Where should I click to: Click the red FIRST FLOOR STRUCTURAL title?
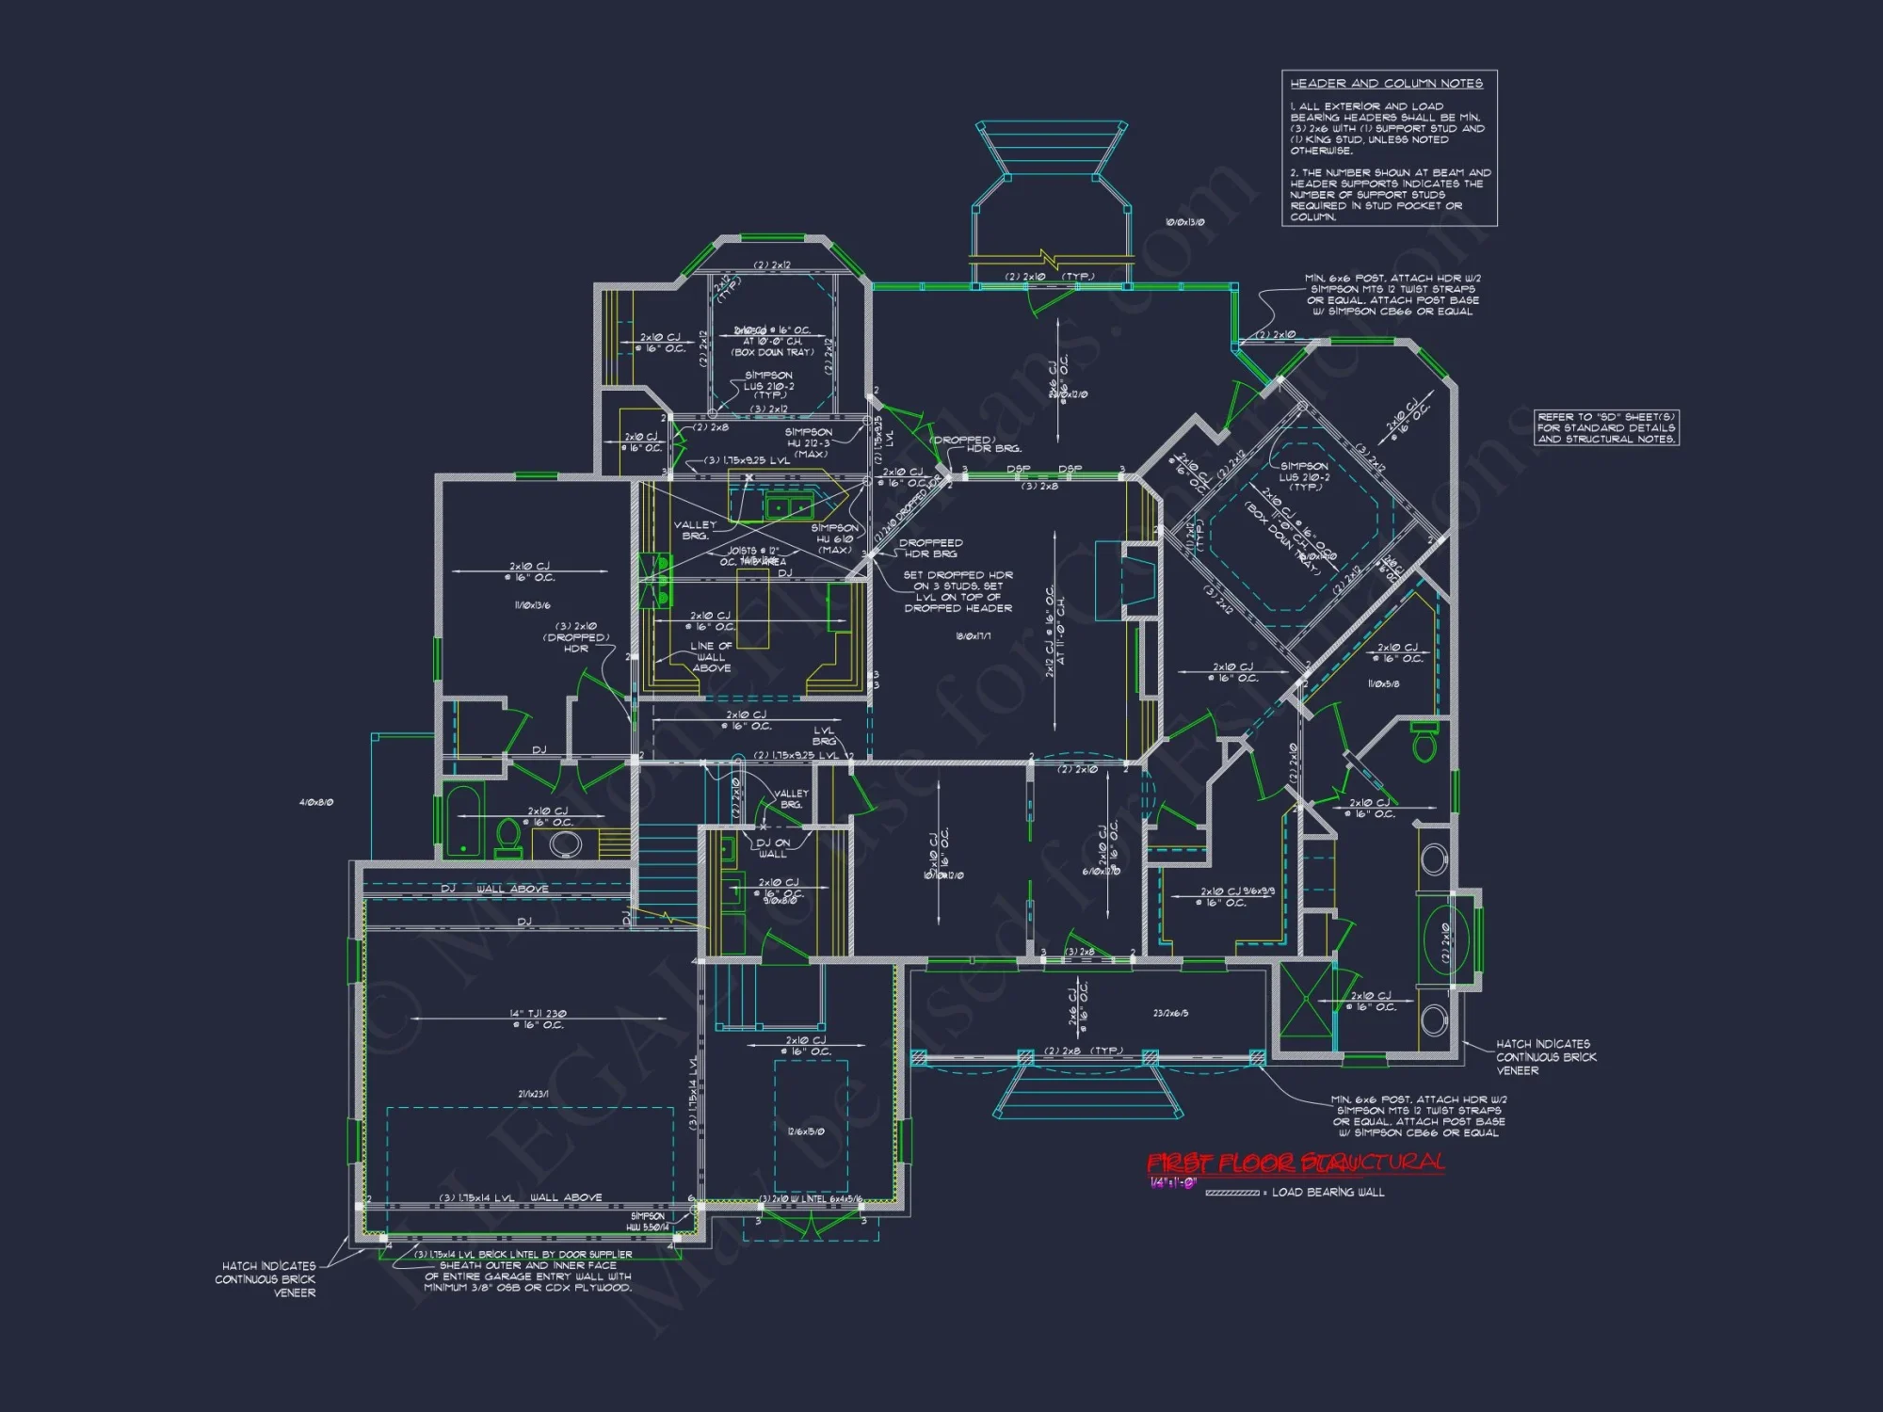click(1296, 1163)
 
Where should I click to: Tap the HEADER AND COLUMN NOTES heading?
click(1386, 84)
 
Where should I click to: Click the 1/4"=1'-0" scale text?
click(1173, 1183)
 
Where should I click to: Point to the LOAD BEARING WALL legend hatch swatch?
click(1231, 1193)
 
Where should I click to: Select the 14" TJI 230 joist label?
click(538, 1014)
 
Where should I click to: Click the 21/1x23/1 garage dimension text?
click(533, 1094)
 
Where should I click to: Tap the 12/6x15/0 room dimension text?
click(806, 1131)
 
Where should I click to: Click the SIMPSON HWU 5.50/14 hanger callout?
click(649, 1221)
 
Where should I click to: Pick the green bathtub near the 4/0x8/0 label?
click(462, 822)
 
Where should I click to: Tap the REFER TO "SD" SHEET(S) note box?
click(1606, 427)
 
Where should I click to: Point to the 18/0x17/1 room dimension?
click(973, 636)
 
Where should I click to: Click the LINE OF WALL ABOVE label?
click(711, 657)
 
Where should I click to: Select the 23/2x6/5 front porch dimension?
click(1170, 1013)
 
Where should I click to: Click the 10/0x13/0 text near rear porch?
click(1184, 222)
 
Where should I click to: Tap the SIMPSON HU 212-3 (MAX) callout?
click(808, 442)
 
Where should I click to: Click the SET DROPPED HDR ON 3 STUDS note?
click(958, 591)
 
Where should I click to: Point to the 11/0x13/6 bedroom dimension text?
click(532, 605)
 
